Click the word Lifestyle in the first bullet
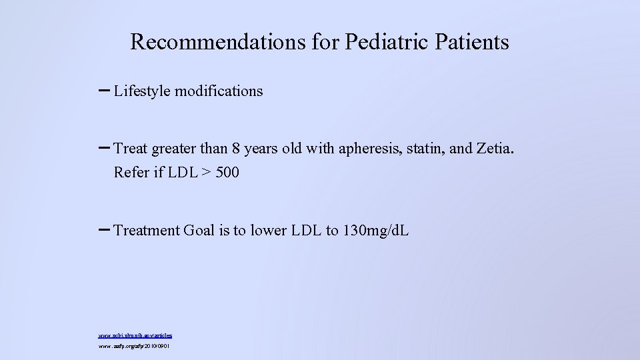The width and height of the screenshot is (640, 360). [142, 91]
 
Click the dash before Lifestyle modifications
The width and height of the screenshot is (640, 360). [105, 90]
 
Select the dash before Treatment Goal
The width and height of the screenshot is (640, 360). [105, 229]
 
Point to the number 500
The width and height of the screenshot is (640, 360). [227, 173]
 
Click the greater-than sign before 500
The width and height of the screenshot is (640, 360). [206, 173]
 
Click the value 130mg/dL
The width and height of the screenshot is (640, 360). [375, 231]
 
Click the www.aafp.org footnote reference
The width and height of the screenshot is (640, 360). [133, 347]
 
